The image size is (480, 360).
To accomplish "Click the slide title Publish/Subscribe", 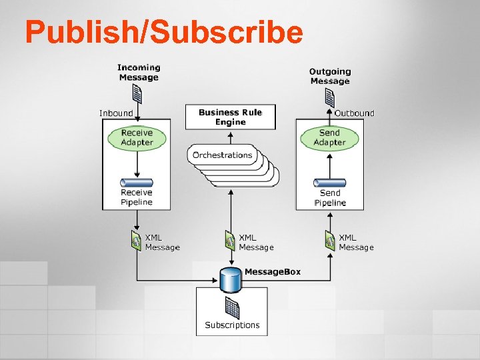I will [x=164, y=31].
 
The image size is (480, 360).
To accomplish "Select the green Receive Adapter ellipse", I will [x=137, y=138].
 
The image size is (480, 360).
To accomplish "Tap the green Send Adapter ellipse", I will [x=329, y=138].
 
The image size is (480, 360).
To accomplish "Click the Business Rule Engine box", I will [x=231, y=117].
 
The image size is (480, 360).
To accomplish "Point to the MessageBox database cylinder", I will [x=231, y=280].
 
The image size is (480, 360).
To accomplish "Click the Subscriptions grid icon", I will [x=232, y=307].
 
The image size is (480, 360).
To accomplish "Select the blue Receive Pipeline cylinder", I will [x=137, y=183].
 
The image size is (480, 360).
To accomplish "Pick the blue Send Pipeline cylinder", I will [x=330, y=183].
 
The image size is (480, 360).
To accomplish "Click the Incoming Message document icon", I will [x=137, y=95].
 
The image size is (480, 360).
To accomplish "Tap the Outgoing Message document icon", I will [x=329, y=98].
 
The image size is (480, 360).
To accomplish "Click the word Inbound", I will [x=116, y=113].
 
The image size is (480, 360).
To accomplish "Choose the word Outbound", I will [x=354, y=113].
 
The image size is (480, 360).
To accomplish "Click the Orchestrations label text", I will [x=223, y=155].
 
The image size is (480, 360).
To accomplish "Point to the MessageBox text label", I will [x=273, y=272].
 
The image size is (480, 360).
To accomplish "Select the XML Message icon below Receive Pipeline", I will [x=137, y=241].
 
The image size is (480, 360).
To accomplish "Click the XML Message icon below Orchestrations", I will [x=230, y=241].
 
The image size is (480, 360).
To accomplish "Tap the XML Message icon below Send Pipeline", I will [x=329, y=241].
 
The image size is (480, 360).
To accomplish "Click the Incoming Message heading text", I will [x=139, y=72].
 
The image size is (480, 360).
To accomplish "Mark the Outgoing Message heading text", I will [x=330, y=76].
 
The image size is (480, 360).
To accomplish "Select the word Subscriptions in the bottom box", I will [x=232, y=325].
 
